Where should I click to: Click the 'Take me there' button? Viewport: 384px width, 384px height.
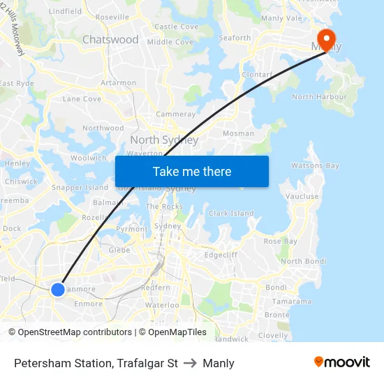coord(191,171)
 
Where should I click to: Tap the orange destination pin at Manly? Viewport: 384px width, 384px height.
coord(325,39)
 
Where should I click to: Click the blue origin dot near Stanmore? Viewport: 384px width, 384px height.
coord(58,289)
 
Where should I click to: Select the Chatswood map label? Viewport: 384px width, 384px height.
coord(110,40)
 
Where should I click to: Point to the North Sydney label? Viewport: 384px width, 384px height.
coord(164,140)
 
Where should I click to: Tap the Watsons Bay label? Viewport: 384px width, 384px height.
coord(315,166)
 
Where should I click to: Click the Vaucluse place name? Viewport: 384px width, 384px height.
coord(302,197)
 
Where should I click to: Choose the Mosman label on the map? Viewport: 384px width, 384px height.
coord(238,133)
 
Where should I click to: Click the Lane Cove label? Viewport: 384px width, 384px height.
coord(82,99)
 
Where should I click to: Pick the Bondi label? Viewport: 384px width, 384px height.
coord(276,288)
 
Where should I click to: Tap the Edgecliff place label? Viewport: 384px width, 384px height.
coord(221,256)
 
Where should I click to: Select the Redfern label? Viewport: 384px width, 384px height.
coord(156,288)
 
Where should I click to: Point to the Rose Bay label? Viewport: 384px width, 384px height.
coord(281,242)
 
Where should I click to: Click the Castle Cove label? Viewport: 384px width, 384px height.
coord(176,27)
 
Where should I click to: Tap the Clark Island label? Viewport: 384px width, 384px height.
coord(231,214)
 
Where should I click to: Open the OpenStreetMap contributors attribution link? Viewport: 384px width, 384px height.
coord(70,332)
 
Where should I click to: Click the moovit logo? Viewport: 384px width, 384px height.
coord(342,362)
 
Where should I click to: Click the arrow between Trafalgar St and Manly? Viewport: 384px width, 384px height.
coord(190,363)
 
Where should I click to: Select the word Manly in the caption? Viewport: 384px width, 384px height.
coord(219,363)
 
